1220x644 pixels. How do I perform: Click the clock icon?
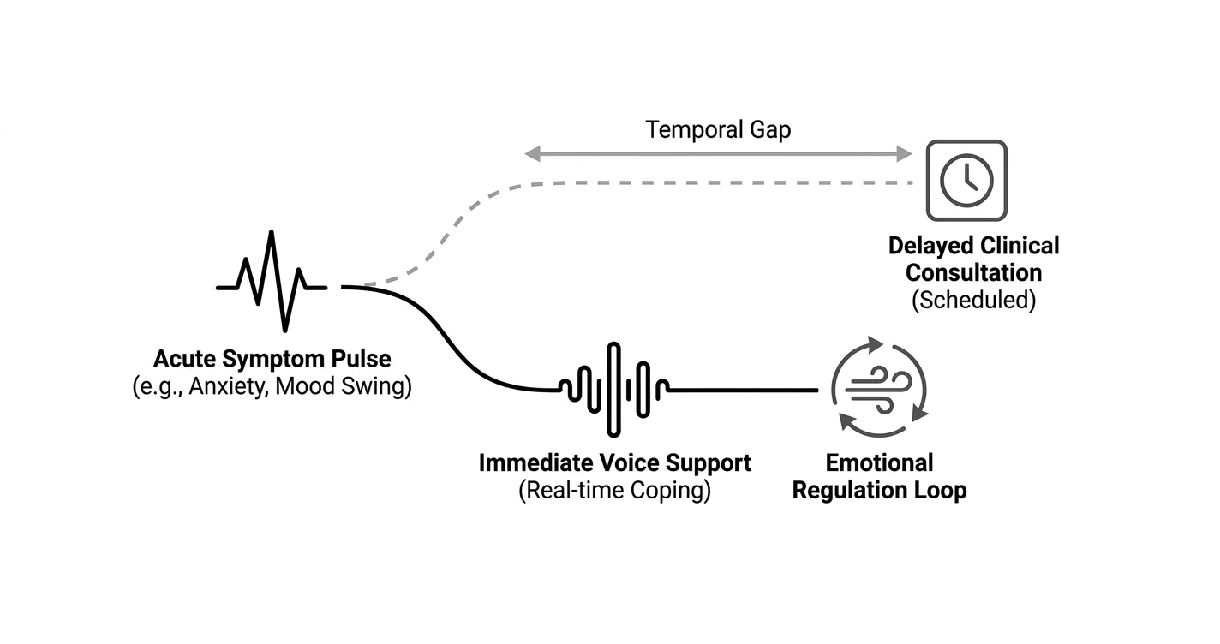966,181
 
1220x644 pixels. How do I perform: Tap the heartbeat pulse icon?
272,281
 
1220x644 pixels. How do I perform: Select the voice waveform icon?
613,390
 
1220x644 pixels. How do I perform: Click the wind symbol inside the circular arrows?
878,389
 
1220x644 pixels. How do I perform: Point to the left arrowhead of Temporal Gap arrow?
532,153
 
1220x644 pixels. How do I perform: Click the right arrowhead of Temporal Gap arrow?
904,153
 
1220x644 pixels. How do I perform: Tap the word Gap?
770,131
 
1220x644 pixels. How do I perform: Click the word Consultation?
973,272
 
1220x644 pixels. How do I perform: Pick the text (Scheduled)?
974,300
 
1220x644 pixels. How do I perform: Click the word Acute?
185,359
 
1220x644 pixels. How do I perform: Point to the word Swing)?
376,386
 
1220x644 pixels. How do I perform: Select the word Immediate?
536,463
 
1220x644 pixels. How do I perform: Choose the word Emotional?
879,463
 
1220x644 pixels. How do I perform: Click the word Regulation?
850,491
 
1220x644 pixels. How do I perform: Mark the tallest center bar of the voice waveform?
613,390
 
